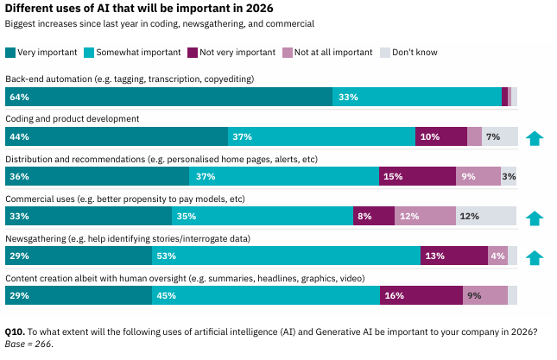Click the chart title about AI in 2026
125,9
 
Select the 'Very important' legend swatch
10,52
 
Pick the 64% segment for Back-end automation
169,97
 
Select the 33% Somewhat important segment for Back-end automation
417,97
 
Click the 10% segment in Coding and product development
441,136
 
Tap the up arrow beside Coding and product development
535,136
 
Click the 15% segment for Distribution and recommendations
417,176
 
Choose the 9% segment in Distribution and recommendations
478,176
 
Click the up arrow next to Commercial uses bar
535,216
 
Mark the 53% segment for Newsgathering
287,256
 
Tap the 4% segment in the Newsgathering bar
497,256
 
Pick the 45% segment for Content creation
266,295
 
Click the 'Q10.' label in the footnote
15,332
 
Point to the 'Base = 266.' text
29,344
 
